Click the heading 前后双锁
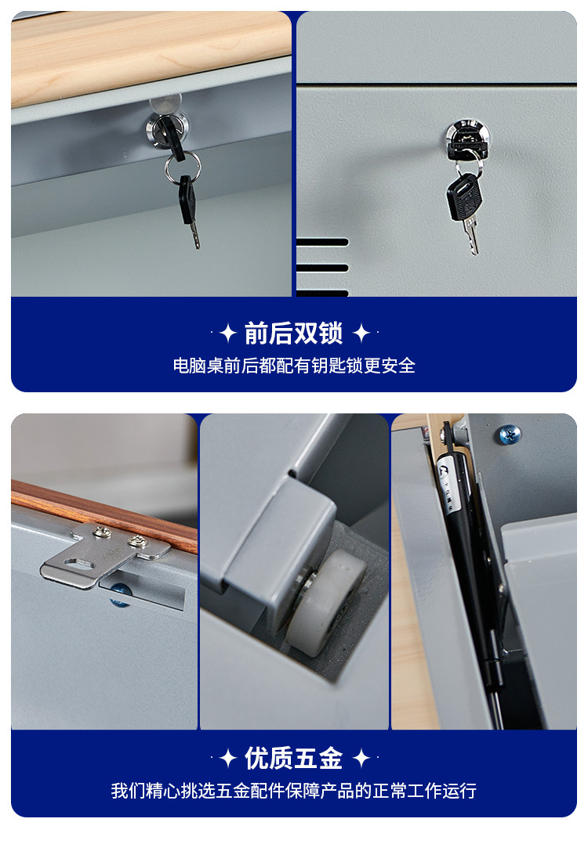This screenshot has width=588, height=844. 293,334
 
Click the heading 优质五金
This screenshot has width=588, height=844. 293,758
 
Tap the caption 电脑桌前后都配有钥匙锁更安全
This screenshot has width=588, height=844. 293,366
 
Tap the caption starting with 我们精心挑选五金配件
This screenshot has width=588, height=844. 293,791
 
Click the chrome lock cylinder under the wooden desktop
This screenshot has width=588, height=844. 165,127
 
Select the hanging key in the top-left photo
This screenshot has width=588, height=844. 189,207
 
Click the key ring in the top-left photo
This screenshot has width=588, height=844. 182,167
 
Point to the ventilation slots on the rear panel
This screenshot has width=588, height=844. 322,267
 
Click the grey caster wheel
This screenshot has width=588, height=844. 325,603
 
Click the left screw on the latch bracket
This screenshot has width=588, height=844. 102,532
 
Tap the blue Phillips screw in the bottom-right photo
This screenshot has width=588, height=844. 509,433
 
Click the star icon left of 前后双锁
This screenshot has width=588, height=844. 227,334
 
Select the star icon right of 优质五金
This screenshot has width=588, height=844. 361,758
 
